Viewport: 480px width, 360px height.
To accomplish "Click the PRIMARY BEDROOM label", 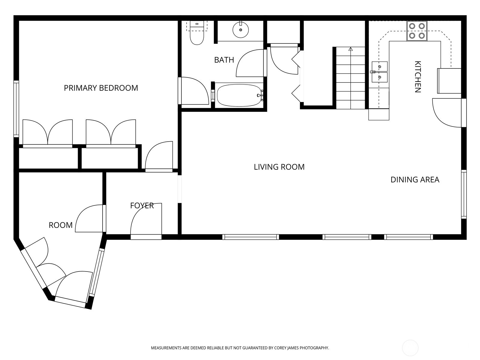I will coord(101,88).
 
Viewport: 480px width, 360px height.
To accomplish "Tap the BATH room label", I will coord(224,60).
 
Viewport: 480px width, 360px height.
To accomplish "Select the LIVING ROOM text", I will coord(279,167).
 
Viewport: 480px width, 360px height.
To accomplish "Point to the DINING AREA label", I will coord(415,180).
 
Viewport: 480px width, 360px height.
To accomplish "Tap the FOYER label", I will coord(142,205).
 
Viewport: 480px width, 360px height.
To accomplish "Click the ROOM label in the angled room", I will coord(61,225).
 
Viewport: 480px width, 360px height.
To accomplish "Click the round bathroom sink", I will coord(241,30).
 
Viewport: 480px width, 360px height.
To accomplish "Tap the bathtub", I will coord(239,95).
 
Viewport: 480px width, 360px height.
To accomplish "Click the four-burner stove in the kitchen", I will coord(417,31).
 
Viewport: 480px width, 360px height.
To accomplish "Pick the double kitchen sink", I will coord(379,72).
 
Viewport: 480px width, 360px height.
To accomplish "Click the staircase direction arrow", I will coord(350,49).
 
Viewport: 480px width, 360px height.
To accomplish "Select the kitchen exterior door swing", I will coord(447,112).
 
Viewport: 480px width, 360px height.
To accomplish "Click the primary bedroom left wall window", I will coord(16,109).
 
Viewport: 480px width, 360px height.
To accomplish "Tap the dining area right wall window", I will coord(464,194).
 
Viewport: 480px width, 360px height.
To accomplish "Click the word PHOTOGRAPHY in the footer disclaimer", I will coord(314,348).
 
